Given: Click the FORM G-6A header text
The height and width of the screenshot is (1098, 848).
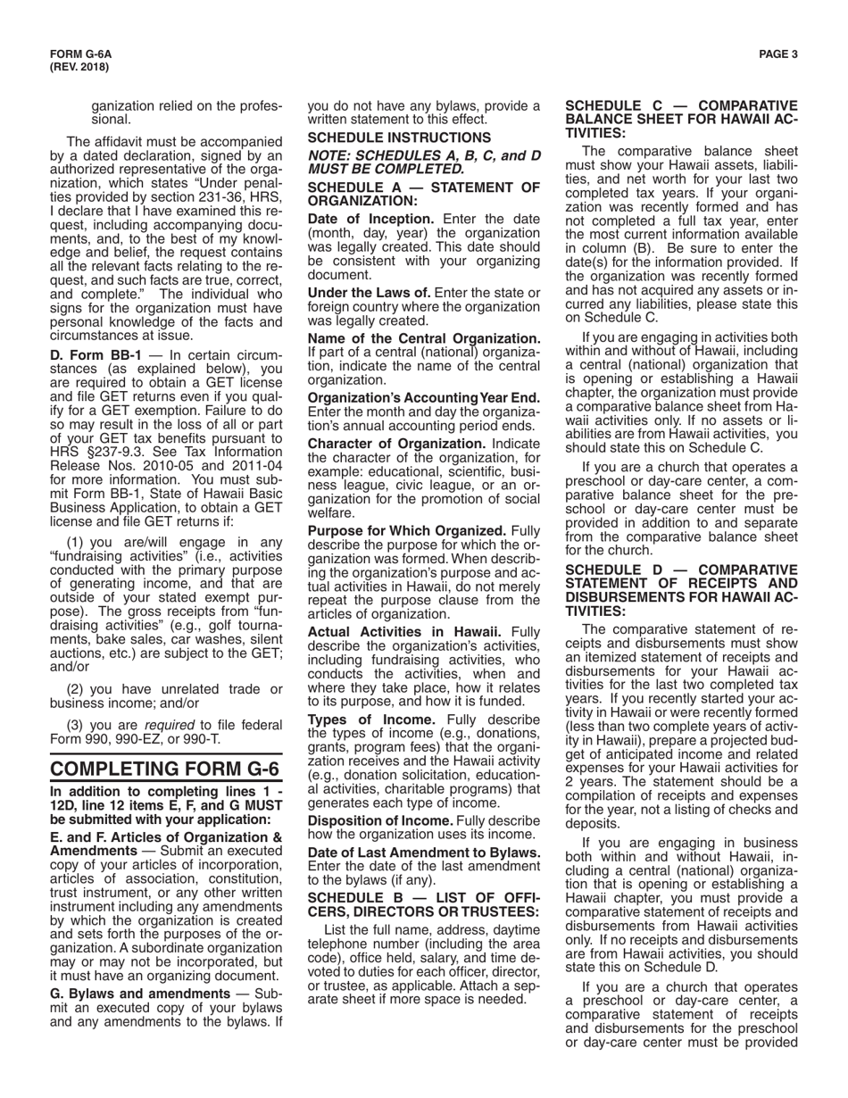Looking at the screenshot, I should [74, 54].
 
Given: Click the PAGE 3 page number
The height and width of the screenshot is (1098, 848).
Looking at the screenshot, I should [778, 54].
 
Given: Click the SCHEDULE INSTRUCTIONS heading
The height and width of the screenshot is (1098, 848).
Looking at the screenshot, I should [399, 137].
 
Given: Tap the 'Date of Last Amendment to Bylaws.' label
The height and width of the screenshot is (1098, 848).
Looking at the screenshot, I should [424, 852].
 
